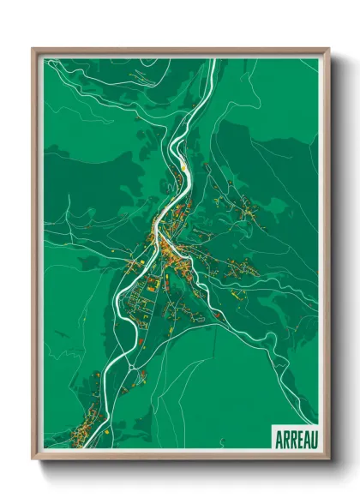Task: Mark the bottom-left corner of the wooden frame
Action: click(33, 459)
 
